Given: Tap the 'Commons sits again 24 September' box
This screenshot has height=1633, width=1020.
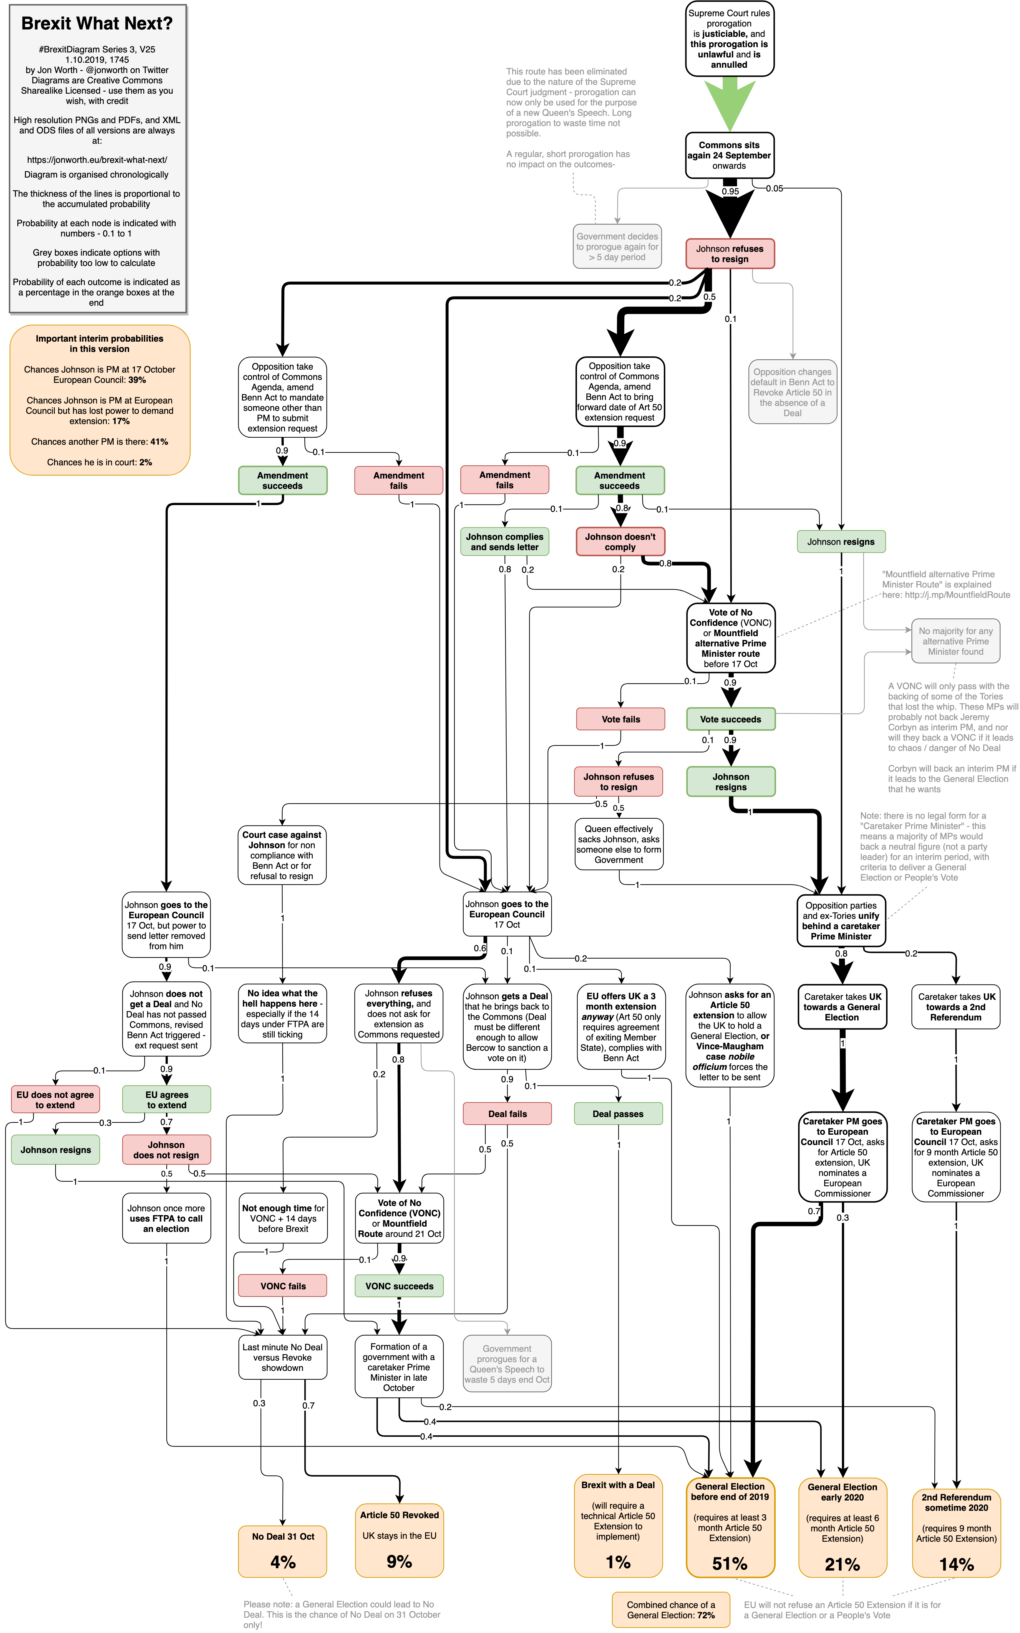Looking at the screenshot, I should click(x=729, y=155).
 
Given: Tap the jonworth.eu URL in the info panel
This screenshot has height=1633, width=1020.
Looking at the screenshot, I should click(x=97, y=160).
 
